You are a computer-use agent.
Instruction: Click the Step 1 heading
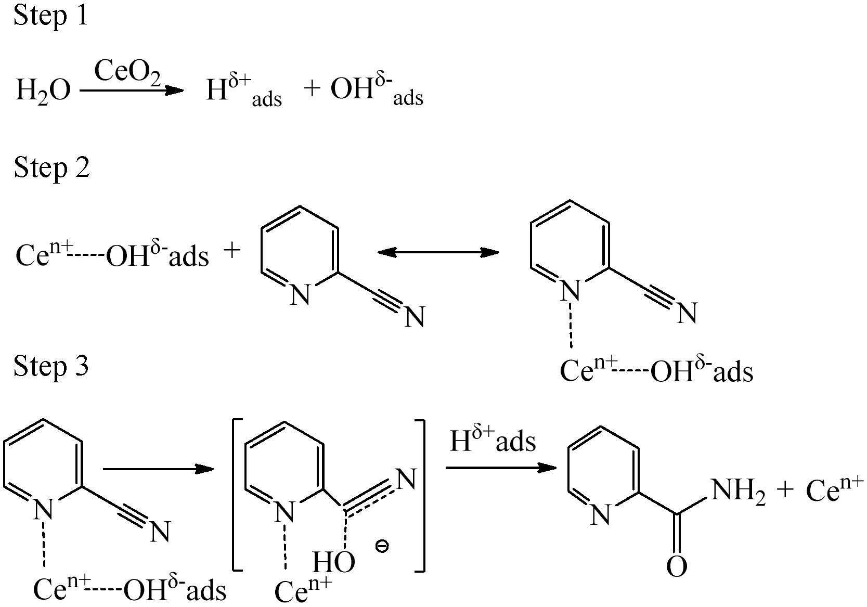coord(50,15)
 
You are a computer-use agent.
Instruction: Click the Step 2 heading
coord(51,167)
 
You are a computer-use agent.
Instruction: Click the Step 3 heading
coord(51,366)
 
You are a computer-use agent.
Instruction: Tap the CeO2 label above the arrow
coord(127,71)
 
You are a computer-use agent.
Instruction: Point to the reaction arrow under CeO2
coord(132,91)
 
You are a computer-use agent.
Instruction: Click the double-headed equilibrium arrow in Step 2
coord(438,253)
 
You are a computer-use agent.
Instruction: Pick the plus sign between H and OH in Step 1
coord(312,88)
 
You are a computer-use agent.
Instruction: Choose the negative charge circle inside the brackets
coord(382,547)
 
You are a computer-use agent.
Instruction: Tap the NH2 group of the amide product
coord(738,490)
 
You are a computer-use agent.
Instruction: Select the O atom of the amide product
coord(677,566)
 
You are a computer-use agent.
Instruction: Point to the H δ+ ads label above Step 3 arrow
coord(492,440)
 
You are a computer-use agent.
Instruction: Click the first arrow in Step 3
coord(158,469)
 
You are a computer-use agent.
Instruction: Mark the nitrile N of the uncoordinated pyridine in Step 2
coord(415,317)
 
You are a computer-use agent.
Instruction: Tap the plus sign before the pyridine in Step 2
coord(232,251)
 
